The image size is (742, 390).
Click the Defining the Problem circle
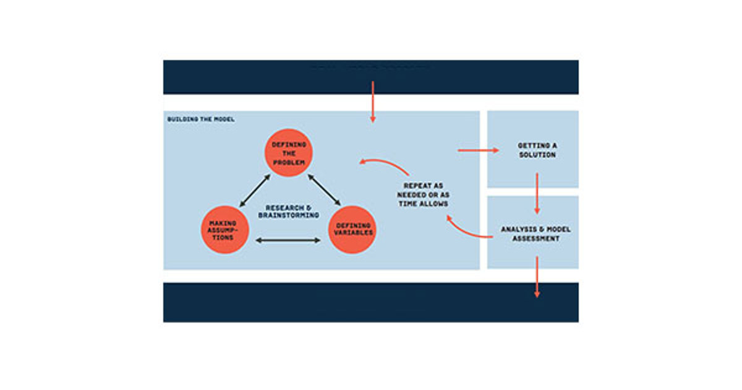[x=289, y=152]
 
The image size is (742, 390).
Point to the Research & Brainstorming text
[x=288, y=211]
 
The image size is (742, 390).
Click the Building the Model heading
[x=200, y=118]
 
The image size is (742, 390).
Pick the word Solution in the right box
[x=536, y=155]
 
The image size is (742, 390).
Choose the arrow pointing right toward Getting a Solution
[x=478, y=150]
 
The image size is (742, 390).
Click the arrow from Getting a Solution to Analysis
[x=537, y=194]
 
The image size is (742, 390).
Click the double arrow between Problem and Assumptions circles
[x=255, y=189]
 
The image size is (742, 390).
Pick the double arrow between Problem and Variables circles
[x=323, y=189]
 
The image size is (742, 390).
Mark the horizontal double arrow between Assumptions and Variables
[x=288, y=240]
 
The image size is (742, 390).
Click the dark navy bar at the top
[x=370, y=77]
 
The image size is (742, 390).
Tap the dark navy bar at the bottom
[x=370, y=303]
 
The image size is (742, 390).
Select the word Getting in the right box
[x=537, y=145]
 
